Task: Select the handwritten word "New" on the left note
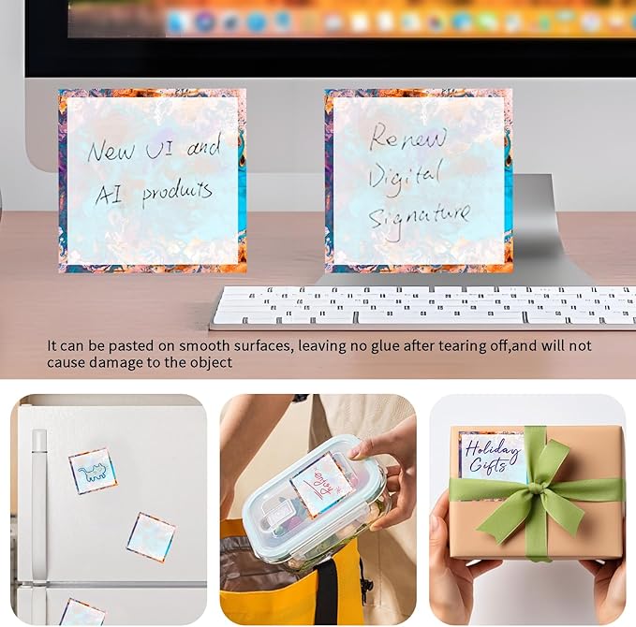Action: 111,151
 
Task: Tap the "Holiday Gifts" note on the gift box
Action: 493,456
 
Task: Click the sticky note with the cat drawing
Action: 93,471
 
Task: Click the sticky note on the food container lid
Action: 320,484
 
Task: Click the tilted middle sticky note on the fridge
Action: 151,537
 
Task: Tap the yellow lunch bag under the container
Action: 300,590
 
